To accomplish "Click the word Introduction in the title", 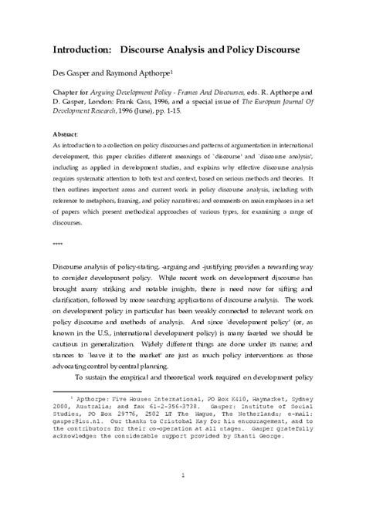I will [x=81, y=49].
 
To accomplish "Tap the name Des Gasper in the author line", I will [x=71, y=76].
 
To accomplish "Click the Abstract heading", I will [x=66, y=133].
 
